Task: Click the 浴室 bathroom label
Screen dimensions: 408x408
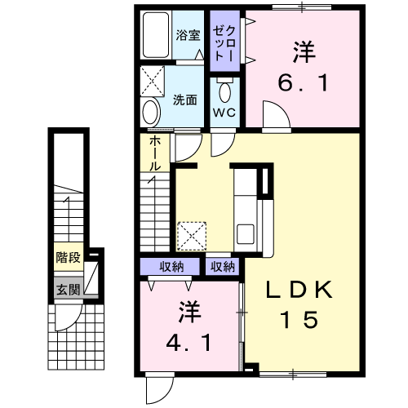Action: point(188,35)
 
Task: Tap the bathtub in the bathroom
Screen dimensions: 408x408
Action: point(156,35)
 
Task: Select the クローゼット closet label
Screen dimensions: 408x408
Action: point(224,43)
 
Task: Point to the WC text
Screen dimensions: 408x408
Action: point(224,113)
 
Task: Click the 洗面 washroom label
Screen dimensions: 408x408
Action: point(185,100)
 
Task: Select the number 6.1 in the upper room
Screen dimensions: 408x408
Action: point(304,82)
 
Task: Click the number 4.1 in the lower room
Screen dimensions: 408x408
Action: point(188,343)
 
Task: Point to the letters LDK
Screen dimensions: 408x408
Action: point(299,290)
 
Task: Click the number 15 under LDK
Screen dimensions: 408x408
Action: point(299,319)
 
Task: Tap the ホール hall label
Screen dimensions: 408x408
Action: point(155,153)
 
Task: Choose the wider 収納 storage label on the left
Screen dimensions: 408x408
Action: point(171,267)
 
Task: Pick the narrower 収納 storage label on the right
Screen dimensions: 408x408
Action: point(223,267)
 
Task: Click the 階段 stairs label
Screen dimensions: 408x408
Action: point(68,257)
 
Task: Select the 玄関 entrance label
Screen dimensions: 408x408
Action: point(68,290)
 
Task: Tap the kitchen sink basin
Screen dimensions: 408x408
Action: point(246,234)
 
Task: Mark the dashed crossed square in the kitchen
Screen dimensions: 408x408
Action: point(192,236)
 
